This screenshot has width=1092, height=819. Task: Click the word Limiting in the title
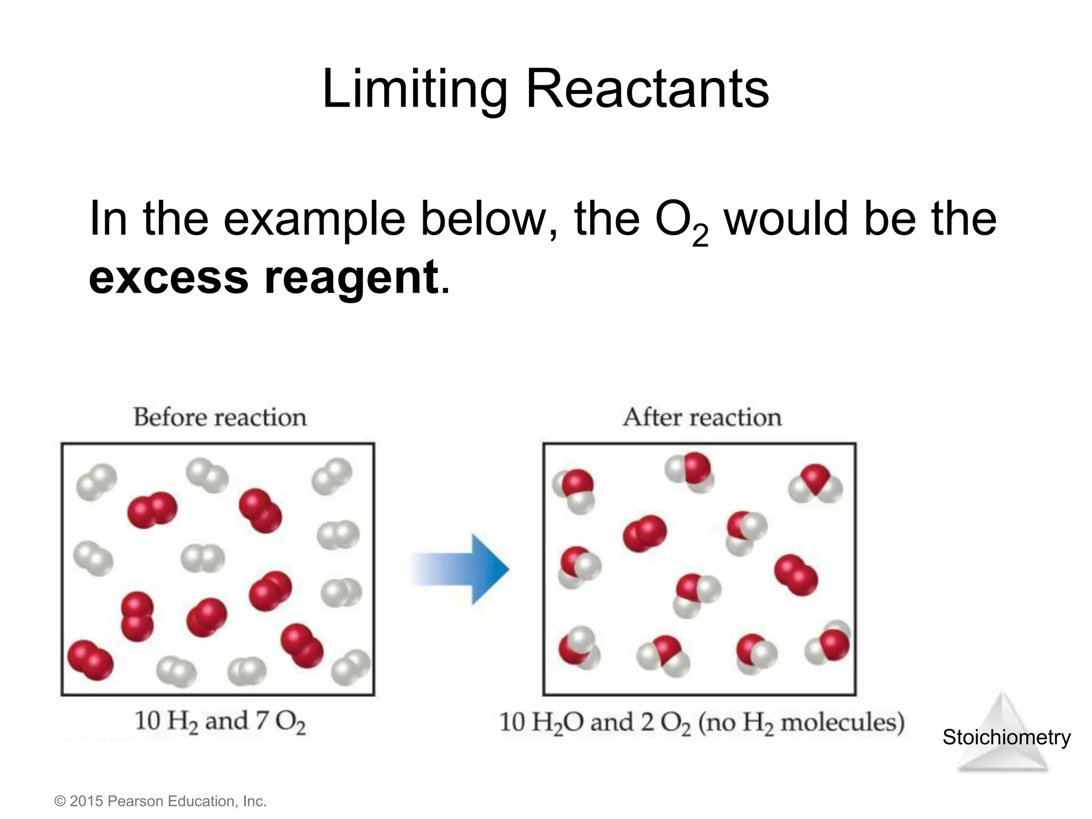tap(415, 90)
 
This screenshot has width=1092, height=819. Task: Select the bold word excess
tap(168, 277)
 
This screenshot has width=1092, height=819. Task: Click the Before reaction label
tap(220, 417)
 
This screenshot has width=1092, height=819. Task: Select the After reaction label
tap(702, 417)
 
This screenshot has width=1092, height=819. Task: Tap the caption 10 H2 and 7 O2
tap(220, 721)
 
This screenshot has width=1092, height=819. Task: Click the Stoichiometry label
tap(1006, 737)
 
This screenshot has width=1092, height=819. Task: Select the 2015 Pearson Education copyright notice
tap(160, 801)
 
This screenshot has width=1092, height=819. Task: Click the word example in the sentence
tap(315, 219)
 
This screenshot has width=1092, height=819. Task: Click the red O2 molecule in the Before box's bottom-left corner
tap(91, 660)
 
